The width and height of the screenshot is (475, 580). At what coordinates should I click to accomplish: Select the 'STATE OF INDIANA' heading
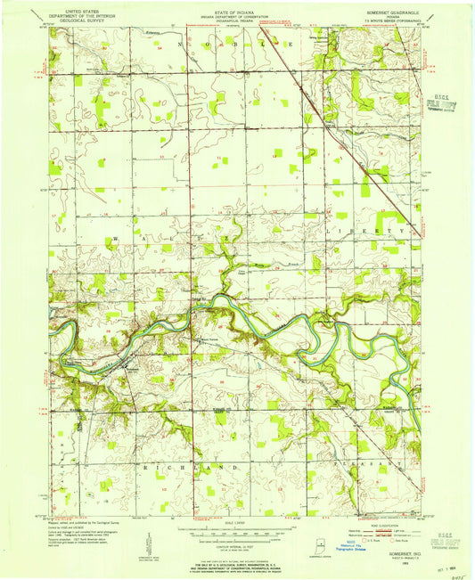point(237,8)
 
